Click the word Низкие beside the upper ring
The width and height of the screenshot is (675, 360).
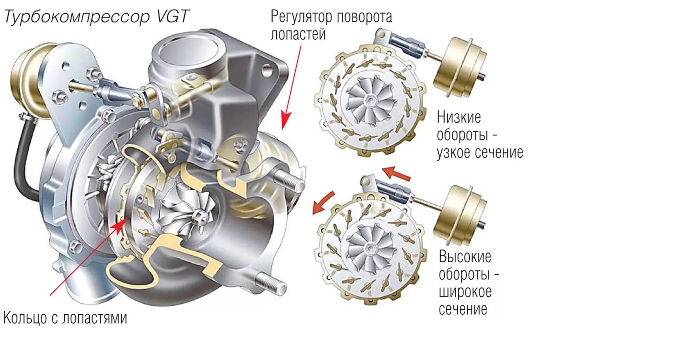[459, 117]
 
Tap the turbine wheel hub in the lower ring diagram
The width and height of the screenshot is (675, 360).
[370, 248]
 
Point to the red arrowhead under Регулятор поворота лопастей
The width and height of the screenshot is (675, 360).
[286, 122]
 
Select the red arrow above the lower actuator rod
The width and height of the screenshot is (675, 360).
[396, 173]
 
